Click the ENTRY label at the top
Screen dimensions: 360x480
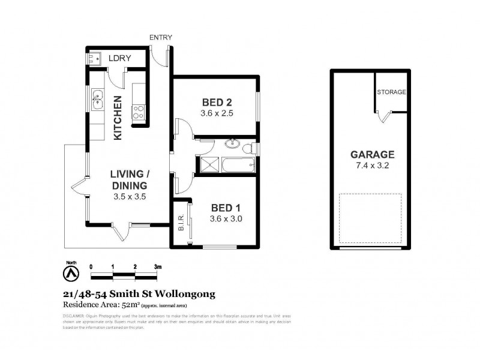[x=161, y=38]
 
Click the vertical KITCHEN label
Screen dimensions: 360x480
[x=118, y=118]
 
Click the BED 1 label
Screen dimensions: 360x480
[x=226, y=208]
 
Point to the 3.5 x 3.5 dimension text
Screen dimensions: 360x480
[x=130, y=196]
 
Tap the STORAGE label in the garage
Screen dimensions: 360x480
[x=392, y=92]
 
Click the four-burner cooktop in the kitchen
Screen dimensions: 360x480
[x=138, y=112]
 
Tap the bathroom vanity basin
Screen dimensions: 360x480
[x=233, y=144]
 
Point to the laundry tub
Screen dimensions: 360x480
[x=94, y=59]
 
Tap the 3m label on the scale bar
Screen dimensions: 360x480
[x=158, y=266]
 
